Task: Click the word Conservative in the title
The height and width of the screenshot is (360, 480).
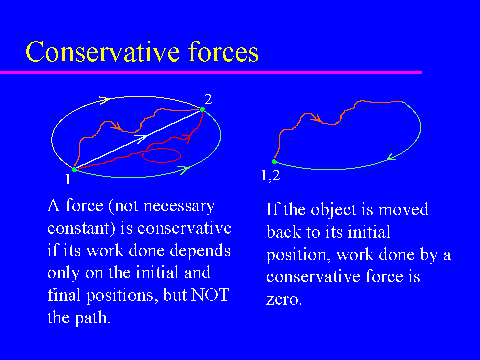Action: tap(103, 52)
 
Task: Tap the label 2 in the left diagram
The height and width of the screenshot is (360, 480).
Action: tap(208, 99)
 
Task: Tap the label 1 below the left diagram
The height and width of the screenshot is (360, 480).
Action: tap(68, 179)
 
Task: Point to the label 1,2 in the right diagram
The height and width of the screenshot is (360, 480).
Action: tap(270, 175)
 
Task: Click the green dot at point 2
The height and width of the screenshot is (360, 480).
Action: tap(202, 109)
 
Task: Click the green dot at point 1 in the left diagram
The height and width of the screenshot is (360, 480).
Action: tap(74, 169)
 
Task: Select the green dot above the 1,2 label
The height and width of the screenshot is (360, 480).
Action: tap(274, 162)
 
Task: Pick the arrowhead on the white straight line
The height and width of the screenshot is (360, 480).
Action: tap(142, 138)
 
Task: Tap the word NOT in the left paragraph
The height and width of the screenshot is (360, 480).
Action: tap(210, 295)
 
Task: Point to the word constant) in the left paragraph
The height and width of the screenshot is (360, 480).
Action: tap(81, 228)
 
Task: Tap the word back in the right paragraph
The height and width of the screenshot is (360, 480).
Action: tap(284, 232)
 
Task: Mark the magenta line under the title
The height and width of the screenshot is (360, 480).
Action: tap(211, 72)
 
